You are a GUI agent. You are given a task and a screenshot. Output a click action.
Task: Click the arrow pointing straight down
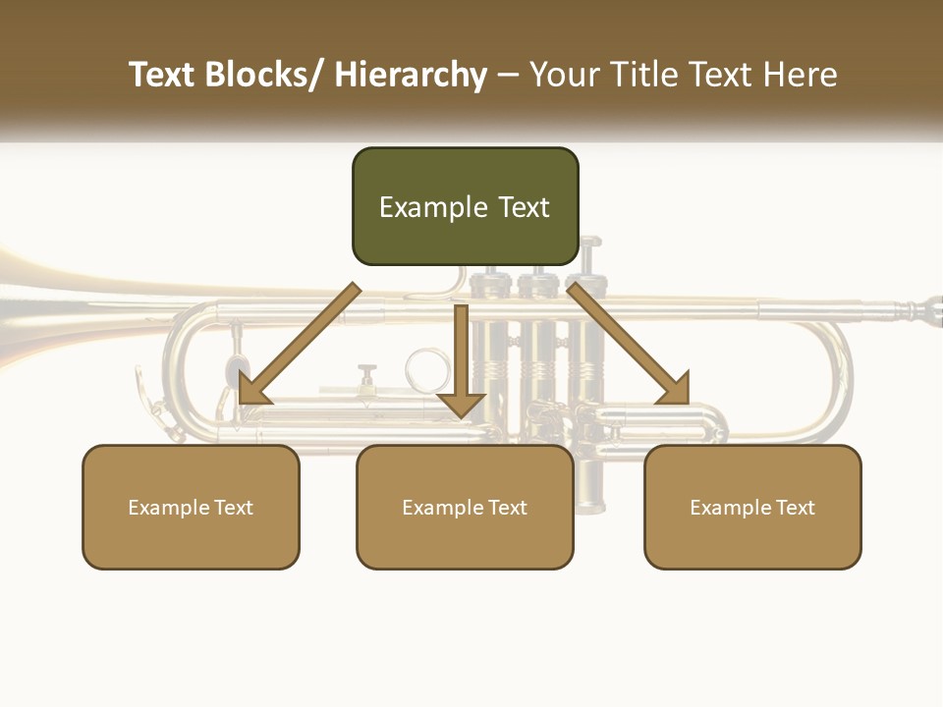click(x=461, y=363)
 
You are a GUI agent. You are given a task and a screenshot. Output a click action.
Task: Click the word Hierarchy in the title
click(x=411, y=75)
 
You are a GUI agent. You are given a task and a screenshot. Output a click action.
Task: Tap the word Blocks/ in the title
click(x=262, y=75)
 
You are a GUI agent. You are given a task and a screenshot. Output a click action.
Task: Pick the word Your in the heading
click(x=564, y=75)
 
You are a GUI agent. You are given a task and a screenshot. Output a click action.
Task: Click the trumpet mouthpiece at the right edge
click(x=928, y=311)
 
